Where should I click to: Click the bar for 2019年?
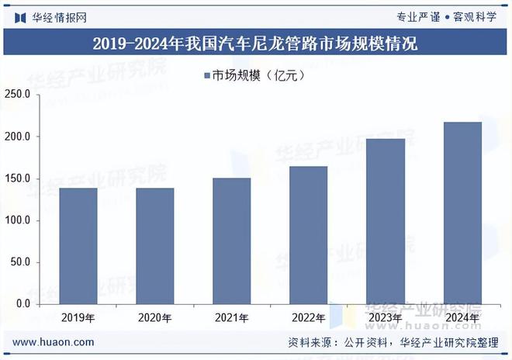click(78, 245)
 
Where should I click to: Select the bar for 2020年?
click(155, 245)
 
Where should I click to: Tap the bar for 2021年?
click(232, 241)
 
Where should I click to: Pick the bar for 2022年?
click(309, 234)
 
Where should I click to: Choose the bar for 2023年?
click(386, 221)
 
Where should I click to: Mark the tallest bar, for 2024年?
click(462, 213)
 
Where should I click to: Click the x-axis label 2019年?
click(78, 318)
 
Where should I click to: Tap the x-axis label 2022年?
click(309, 318)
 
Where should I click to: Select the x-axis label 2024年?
click(462, 318)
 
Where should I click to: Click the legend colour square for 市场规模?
click(207, 75)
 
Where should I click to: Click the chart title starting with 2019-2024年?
click(255, 43)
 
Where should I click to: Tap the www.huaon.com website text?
click(54, 342)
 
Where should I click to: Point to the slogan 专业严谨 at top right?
click(418, 16)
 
